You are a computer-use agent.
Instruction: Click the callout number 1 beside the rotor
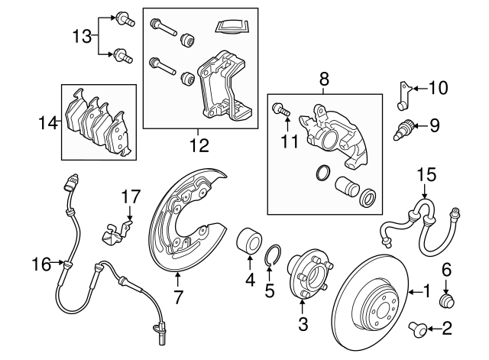click(x=426, y=291)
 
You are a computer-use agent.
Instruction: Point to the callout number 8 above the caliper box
click(x=323, y=79)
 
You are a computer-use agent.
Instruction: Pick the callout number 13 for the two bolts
click(x=82, y=35)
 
